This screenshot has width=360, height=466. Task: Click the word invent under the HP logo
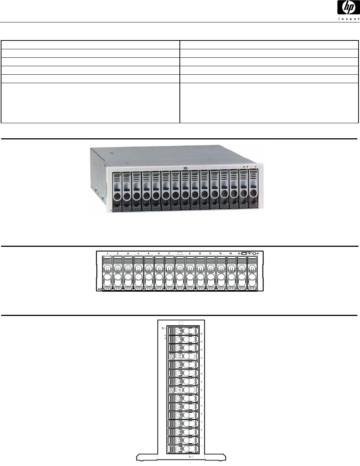[x=347, y=19]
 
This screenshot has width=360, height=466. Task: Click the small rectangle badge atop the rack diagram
[x=180, y=253]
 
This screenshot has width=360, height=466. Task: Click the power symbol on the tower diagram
[x=163, y=328]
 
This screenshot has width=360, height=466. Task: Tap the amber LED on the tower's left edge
[x=165, y=335]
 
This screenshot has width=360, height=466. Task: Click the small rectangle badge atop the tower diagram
[x=181, y=322]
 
